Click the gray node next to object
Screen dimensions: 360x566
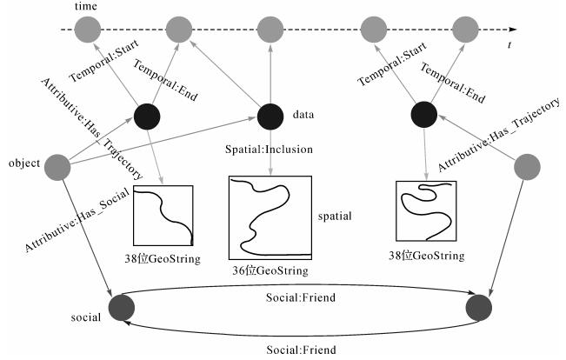(x=57, y=165)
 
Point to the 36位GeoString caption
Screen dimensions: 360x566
(x=271, y=271)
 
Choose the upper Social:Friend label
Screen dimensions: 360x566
(x=300, y=297)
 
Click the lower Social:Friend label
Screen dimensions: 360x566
(x=300, y=350)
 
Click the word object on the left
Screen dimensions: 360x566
(x=23, y=163)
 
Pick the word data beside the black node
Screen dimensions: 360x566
(x=303, y=114)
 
